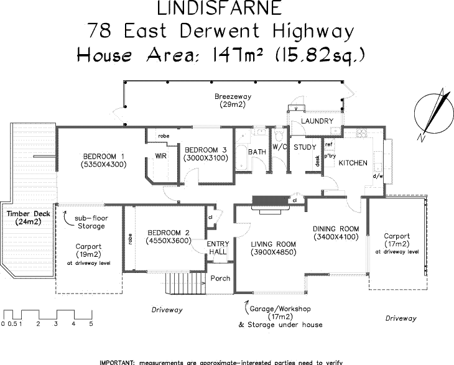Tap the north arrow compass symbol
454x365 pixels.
[432, 112]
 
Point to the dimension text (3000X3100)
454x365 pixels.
[206, 159]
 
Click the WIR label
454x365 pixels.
[160, 156]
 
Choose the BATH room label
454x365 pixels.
[256, 152]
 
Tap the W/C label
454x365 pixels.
[279, 147]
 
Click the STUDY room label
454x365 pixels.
[305, 147]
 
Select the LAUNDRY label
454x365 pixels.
[317, 121]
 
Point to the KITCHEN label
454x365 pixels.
[353, 163]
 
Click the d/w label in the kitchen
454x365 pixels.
[377, 176]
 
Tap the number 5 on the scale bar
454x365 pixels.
[91, 324]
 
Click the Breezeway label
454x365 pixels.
[232, 97]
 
